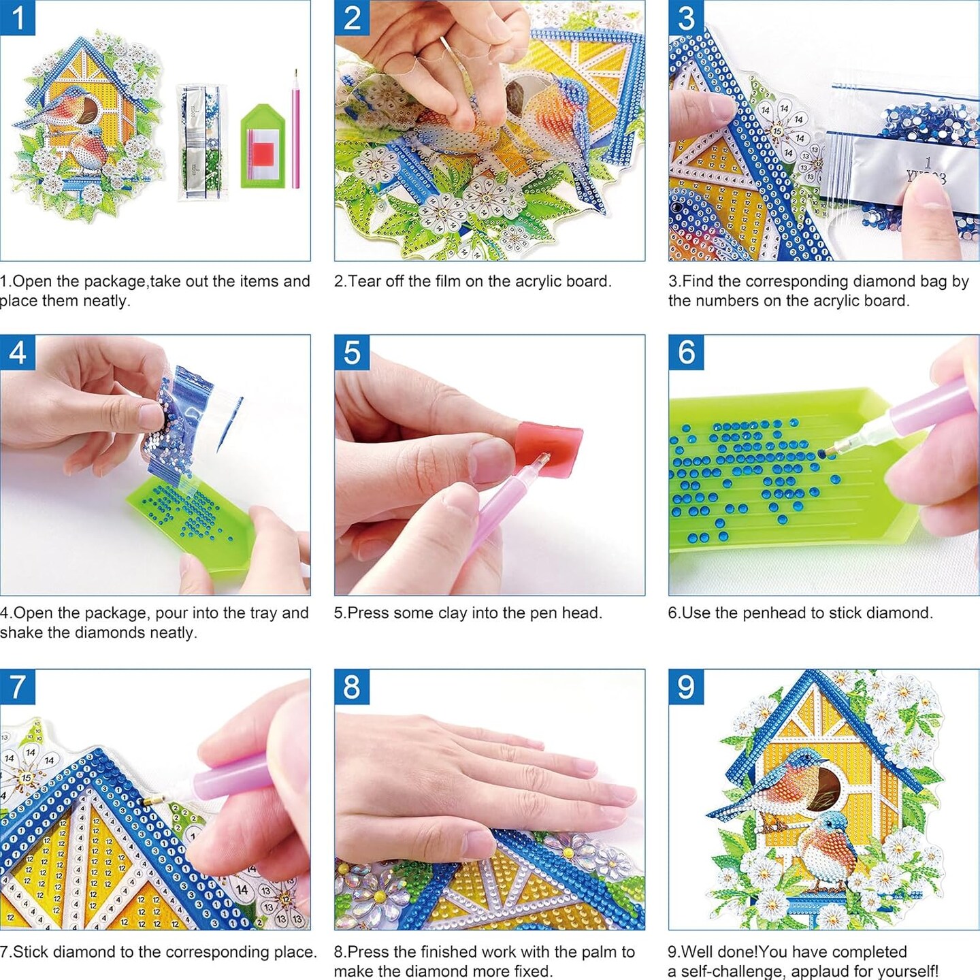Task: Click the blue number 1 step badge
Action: pos(18,18)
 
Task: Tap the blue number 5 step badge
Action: pos(352,353)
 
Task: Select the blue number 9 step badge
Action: pos(686,687)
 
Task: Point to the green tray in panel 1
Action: pos(261,146)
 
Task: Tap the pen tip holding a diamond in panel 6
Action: pos(825,452)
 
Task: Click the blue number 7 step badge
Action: pos(18,687)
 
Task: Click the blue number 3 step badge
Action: pos(686,18)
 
